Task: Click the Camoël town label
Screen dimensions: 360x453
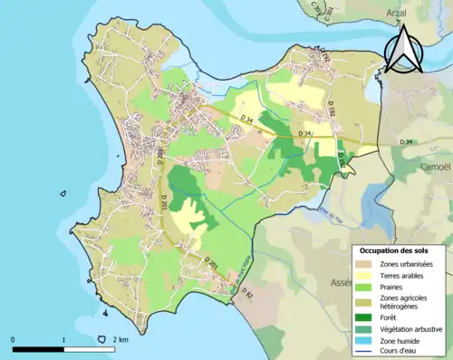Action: [x=419, y=167]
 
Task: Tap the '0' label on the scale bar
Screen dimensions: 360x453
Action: [x=14, y=339]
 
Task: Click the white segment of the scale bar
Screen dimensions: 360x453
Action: [x=88, y=349]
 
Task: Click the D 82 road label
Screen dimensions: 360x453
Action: [x=246, y=293]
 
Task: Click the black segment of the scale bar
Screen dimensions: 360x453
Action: [x=38, y=349]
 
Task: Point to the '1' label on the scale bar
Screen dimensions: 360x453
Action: [x=63, y=339]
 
